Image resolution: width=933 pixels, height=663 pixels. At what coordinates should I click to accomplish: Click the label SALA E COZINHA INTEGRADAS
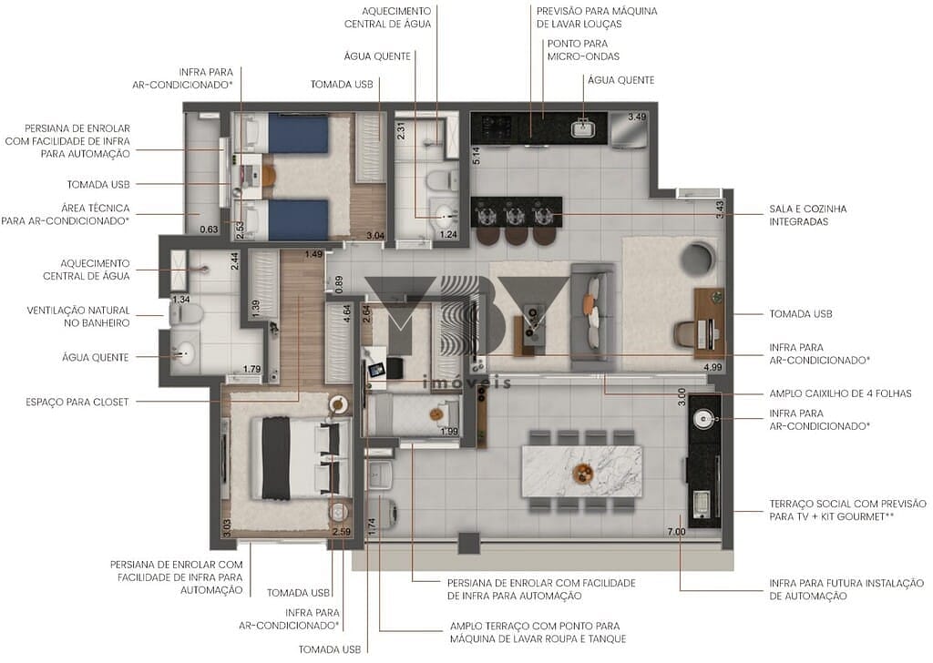[x=807, y=215]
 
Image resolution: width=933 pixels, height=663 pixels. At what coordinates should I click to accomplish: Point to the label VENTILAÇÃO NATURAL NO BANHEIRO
[x=78, y=316]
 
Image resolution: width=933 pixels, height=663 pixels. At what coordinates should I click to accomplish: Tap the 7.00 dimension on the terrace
[x=675, y=531]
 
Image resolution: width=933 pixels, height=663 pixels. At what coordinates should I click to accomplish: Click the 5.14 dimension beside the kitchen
[x=476, y=154]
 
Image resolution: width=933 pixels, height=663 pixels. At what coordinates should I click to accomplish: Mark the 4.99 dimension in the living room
[x=713, y=368]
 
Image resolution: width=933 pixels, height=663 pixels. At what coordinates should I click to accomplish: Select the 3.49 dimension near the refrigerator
[x=637, y=117]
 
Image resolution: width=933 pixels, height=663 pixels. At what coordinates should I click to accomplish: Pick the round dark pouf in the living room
[x=699, y=258]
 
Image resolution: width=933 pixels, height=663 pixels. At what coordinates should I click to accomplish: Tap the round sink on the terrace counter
[x=702, y=419]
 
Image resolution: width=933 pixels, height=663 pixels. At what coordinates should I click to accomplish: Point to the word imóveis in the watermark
[x=467, y=383]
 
